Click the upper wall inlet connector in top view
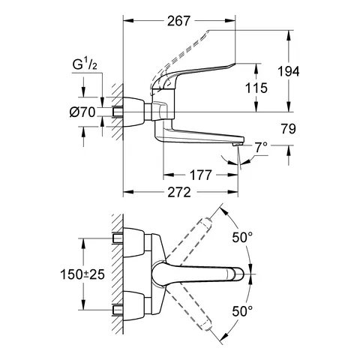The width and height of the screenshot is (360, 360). coord(121,240)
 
